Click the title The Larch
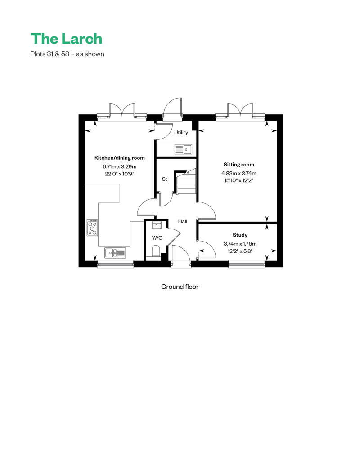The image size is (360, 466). [x=66, y=39]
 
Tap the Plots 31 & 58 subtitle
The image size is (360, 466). [x=67, y=54]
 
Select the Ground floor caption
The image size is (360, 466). [x=180, y=287]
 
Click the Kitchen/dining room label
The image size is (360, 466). [x=120, y=158]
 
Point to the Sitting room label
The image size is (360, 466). [x=238, y=164]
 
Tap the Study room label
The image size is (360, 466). [x=240, y=235]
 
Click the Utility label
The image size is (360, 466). [x=181, y=132]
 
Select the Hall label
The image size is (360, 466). [x=183, y=221]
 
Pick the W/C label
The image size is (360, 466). [x=157, y=238]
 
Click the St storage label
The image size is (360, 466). [x=164, y=179]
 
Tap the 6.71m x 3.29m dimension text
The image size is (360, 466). [x=120, y=166]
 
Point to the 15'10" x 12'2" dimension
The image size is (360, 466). [x=238, y=180]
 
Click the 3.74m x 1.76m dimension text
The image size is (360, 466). [x=240, y=244]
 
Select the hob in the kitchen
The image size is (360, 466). [x=92, y=228]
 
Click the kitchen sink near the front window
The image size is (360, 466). [x=115, y=253]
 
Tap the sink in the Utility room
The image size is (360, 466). [x=183, y=149]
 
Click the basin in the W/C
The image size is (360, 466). [x=156, y=225]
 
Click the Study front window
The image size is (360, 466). [x=247, y=264]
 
